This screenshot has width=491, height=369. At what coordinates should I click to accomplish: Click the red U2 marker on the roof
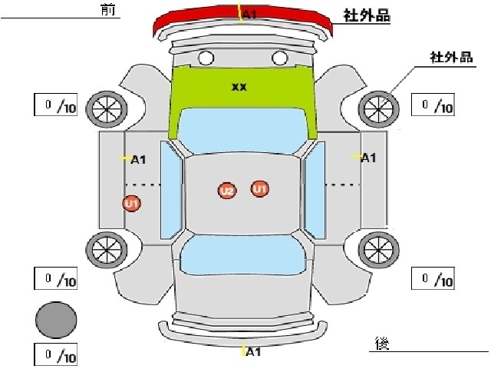(x=227, y=191)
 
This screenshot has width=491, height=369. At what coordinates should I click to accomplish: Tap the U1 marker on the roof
(x=259, y=189)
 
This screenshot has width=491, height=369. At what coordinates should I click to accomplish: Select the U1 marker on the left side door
(x=131, y=203)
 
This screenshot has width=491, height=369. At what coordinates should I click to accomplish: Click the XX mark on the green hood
(x=239, y=87)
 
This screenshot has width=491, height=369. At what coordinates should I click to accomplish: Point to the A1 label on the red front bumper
(x=249, y=15)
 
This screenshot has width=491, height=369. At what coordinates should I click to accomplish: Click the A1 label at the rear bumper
(x=253, y=352)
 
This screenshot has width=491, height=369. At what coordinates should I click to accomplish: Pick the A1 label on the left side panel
(x=138, y=159)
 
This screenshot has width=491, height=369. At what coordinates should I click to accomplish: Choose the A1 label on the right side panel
(x=368, y=158)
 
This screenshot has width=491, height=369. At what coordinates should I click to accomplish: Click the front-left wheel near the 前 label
(x=107, y=109)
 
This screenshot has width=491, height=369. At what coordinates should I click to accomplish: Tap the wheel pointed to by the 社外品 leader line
(x=378, y=109)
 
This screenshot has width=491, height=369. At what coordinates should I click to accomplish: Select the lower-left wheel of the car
(x=107, y=250)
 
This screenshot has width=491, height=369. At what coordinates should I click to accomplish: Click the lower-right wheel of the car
(x=378, y=250)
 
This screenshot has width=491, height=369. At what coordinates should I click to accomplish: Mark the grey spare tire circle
(x=56, y=320)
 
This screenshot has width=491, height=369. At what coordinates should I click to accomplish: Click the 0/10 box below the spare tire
(x=56, y=355)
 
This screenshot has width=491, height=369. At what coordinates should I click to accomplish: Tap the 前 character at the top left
(x=107, y=9)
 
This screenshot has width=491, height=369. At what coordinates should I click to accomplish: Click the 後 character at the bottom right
(x=382, y=344)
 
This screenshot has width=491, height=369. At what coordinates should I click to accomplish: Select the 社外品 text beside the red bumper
(x=367, y=15)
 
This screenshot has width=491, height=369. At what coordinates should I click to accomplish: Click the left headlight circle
(x=206, y=58)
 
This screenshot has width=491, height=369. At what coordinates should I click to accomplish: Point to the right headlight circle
(x=280, y=58)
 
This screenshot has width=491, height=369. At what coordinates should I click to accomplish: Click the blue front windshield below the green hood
(x=242, y=130)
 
